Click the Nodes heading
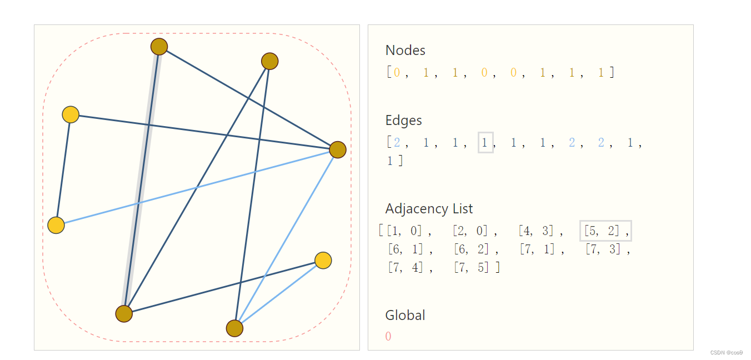coord(405,51)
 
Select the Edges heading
coord(403,121)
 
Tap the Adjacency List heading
coord(429,209)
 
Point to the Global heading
coord(405,316)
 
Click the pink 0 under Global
coord(388,337)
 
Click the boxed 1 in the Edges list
coord(485,143)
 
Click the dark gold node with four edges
coord(337,149)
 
